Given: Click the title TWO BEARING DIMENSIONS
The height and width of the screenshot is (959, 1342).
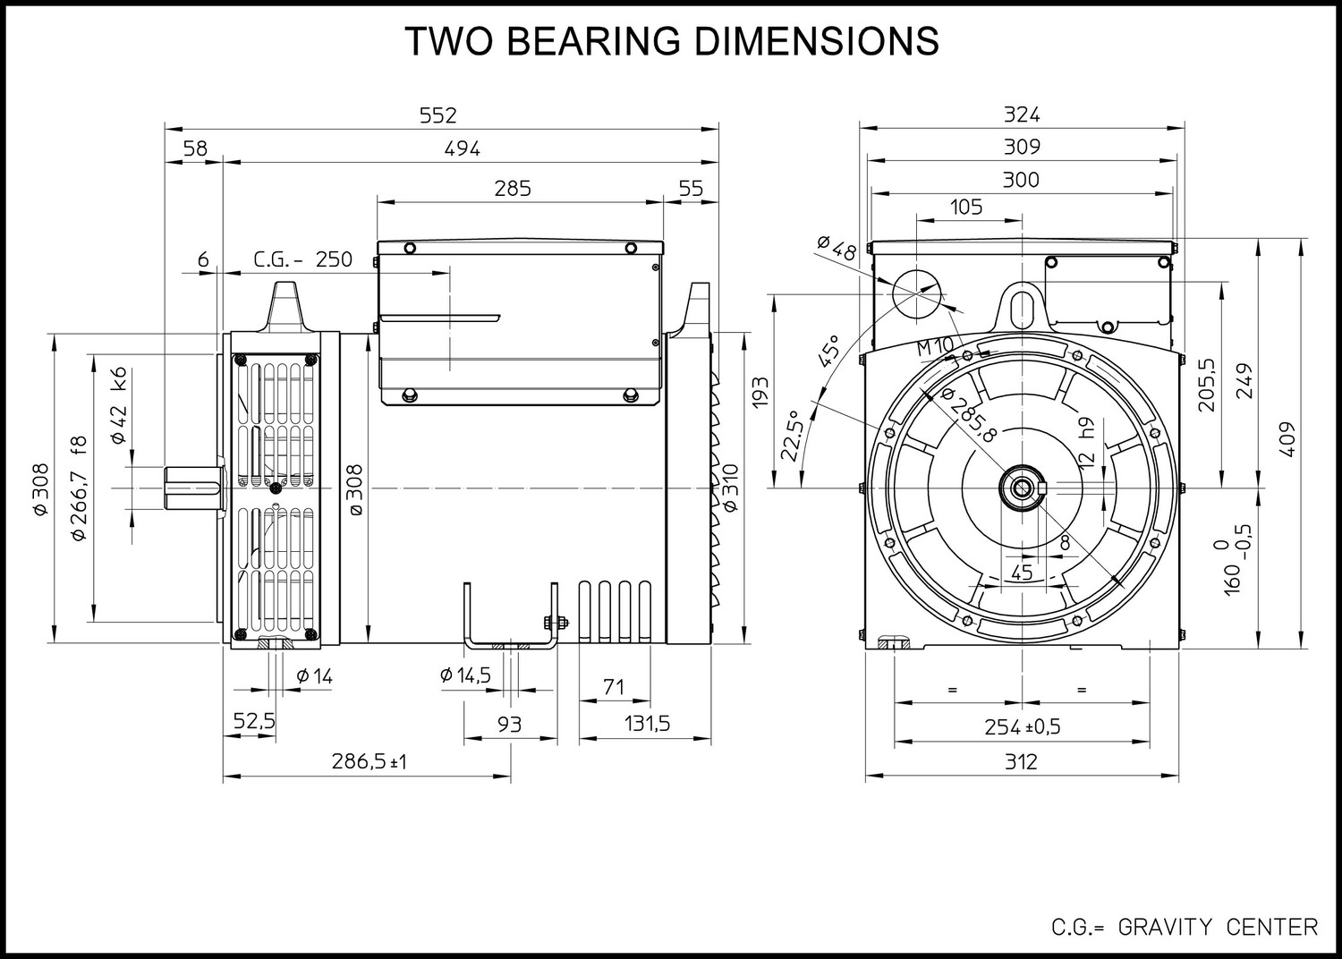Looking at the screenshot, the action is pyautogui.click(x=672, y=41).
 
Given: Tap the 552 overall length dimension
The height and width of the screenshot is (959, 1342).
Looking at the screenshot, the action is pyautogui.click(x=438, y=115).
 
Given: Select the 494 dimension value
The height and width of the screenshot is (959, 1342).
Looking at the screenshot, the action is pyautogui.click(x=462, y=149).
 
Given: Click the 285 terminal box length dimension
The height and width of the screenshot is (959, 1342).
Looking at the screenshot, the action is pyautogui.click(x=513, y=189).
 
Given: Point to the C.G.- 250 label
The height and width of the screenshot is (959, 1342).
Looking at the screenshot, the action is pyautogui.click(x=302, y=259).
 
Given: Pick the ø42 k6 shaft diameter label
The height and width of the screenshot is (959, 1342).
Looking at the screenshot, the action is pyautogui.click(x=120, y=405).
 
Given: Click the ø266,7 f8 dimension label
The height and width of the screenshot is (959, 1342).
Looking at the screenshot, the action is pyautogui.click(x=79, y=488).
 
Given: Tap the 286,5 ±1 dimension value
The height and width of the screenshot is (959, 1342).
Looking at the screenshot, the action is pyautogui.click(x=369, y=762).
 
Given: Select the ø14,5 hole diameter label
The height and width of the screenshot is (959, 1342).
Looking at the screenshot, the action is pyautogui.click(x=465, y=675).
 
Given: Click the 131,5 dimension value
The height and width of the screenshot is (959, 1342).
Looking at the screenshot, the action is pyautogui.click(x=647, y=724).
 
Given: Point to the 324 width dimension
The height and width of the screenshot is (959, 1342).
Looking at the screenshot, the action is pyautogui.click(x=1022, y=115).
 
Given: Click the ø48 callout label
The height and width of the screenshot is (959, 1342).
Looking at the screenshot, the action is pyautogui.click(x=837, y=248).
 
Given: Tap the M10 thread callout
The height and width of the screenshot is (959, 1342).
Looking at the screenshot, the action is pyautogui.click(x=935, y=347).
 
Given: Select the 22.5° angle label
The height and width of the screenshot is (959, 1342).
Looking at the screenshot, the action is pyautogui.click(x=791, y=436).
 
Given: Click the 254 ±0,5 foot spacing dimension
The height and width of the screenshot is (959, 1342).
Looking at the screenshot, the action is pyautogui.click(x=1022, y=727).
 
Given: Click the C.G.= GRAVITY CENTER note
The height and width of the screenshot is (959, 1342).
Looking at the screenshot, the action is pyautogui.click(x=1185, y=928).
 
